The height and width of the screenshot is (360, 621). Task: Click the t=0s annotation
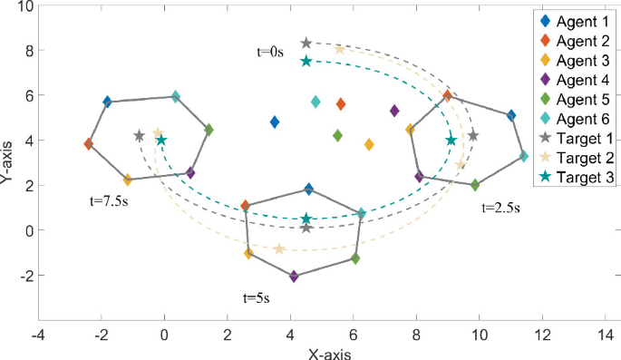(270, 53)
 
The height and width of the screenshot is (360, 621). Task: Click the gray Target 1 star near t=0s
(306, 44)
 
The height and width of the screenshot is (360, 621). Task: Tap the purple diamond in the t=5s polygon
(294, 276)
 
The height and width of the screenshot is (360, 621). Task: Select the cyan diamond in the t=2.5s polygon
(524, 157)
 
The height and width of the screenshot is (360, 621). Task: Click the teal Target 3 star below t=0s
(306, 61)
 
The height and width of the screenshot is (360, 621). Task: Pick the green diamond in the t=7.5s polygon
(209, 131)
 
